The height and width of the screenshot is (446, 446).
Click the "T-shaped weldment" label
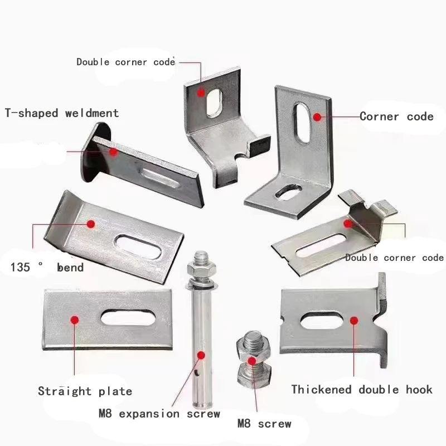pyautogui.click(x=62, y=113)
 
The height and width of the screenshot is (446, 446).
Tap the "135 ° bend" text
pyautogui.click(x=47, y=268)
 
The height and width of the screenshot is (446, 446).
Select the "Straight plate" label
pyautogui.click(x=85, y=391)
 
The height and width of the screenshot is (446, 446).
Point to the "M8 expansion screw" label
pyautogui.click(x=159, y=414)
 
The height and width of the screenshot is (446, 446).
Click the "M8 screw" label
pyautogui.click(x=264, y=424)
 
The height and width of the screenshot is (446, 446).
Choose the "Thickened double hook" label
pyautogui.click(x=362, y=389)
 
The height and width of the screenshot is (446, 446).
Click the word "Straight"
pyautogui.click(x=65, y=391)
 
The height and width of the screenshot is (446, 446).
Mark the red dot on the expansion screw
pyautogui.click(x=202, y=354)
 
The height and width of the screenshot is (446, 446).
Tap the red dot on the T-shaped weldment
pyautogui.click(x=113, y=151)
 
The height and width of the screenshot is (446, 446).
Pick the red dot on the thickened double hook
pyautogui.click(x=353, y=320)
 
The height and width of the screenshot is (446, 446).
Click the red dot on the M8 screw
pyautogui.click(x=251, y=361)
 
